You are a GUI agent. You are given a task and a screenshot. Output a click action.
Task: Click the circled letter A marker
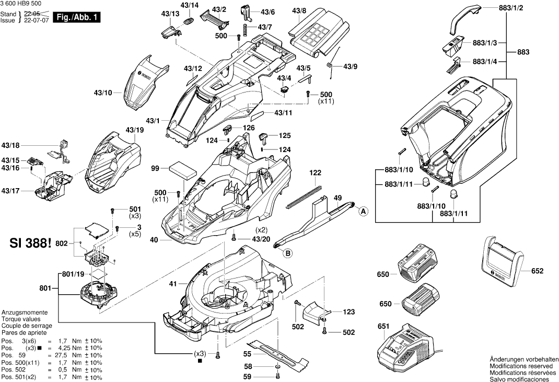(362, 211)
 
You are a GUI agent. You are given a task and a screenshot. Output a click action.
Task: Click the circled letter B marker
(288, 254)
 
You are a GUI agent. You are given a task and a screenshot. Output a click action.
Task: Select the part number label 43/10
(103, 93)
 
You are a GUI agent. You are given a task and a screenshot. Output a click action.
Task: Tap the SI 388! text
(31, 244)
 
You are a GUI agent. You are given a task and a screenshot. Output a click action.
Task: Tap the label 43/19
(134, 130)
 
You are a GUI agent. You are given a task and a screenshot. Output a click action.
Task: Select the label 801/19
(73, 274)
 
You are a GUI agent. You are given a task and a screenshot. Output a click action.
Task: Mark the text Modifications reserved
(522, 367)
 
